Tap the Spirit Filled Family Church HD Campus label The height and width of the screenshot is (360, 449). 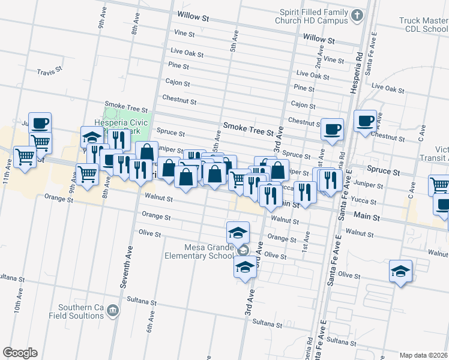(313, 16)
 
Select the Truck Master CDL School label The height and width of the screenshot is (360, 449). (423, 25)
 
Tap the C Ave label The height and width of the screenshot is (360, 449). (422, 131)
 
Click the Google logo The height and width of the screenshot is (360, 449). (19, 352)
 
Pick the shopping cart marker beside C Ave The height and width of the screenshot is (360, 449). (439, 185)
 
